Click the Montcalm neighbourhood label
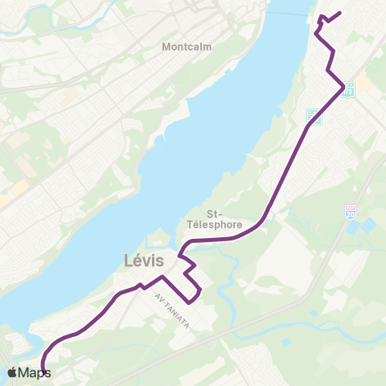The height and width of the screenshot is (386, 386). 187,47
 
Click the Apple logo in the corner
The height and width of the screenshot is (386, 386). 13,372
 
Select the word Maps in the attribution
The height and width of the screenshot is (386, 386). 35,372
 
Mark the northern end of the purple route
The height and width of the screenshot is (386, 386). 341,12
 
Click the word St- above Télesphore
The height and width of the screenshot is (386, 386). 215,213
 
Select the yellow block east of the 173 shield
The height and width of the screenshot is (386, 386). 364,82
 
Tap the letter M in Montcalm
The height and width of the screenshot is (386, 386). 166,47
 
